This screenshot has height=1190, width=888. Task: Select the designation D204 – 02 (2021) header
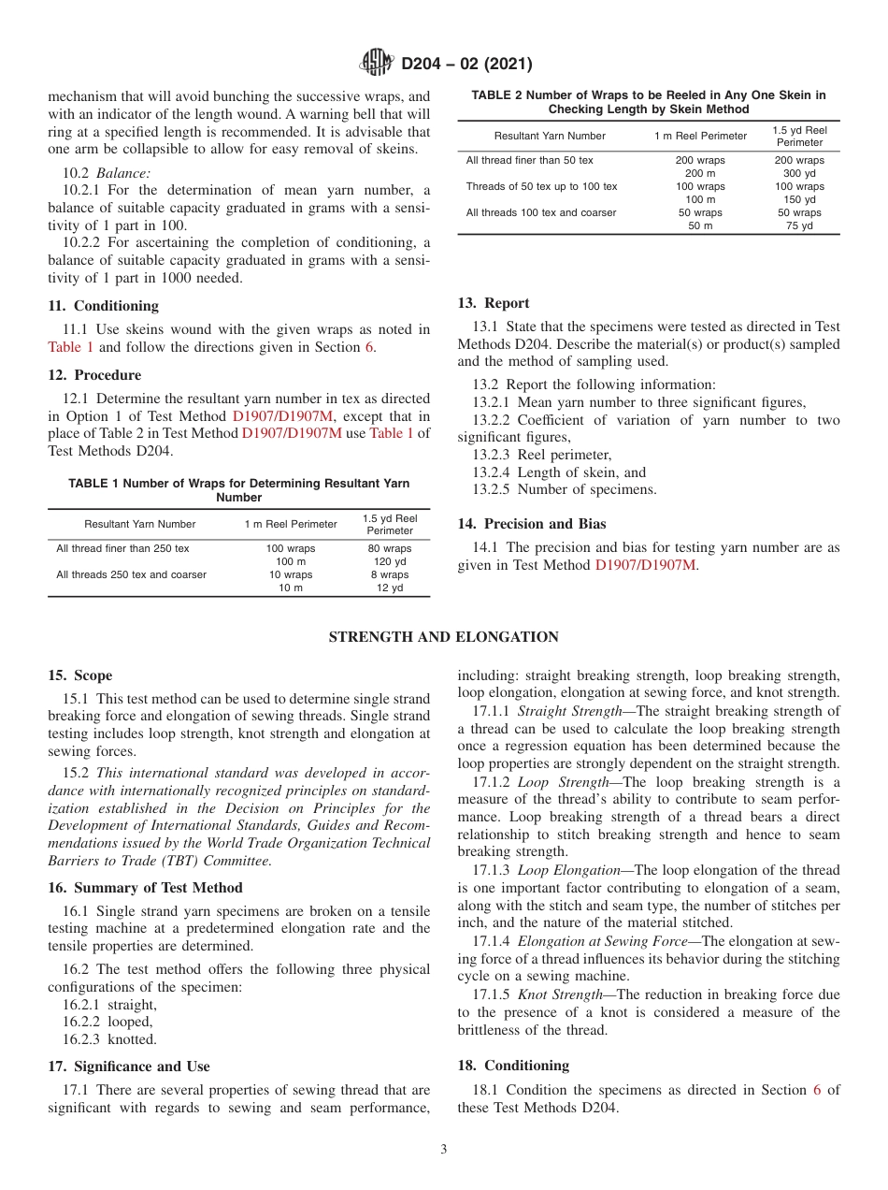[466, 65]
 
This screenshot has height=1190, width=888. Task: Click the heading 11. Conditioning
[103, 306]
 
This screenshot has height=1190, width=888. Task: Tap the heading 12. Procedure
[94, 375]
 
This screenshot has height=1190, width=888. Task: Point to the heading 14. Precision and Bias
[531, 524]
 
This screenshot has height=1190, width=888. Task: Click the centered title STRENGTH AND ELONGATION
[444, 637]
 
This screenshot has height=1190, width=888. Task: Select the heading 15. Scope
[79, 675]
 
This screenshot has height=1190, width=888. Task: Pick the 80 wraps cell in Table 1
[390, 548]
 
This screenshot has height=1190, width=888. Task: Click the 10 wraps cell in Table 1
[291, 574]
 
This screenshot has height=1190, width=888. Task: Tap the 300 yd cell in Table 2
[799, 173]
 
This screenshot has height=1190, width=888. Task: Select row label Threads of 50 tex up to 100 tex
[541, 186]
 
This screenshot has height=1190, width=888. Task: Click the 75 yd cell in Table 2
[799, 225]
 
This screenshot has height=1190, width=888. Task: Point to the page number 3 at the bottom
[444, 1150]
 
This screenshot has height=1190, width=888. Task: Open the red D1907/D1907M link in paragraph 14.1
[645, 565]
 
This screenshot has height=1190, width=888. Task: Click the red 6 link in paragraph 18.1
[817, 1090]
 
